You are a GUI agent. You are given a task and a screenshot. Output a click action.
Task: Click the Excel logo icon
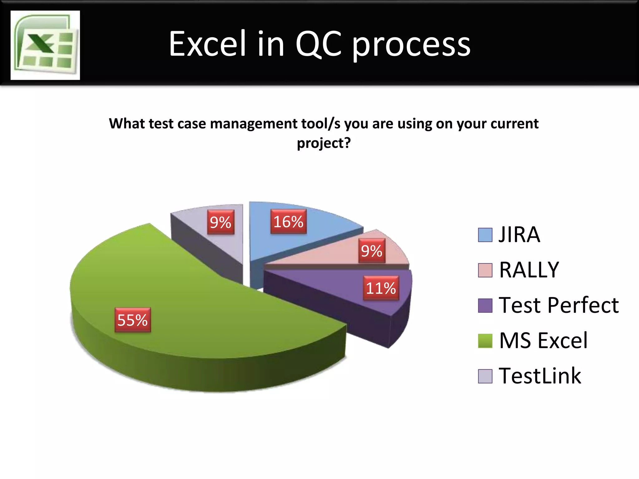45,45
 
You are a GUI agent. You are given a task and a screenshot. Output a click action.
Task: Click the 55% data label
133,320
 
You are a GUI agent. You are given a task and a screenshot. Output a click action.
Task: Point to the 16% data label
288,221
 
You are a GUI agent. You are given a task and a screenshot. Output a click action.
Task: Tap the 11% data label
381,288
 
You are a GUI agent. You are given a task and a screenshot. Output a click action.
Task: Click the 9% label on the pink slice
372,251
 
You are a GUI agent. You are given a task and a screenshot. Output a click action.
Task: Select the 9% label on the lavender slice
221,222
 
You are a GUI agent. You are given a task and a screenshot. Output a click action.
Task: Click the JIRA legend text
519,235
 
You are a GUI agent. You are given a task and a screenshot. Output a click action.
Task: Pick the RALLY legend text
529,270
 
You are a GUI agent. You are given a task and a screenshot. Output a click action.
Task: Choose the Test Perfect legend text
559,305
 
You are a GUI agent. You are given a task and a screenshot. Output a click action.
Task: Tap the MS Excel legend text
543,340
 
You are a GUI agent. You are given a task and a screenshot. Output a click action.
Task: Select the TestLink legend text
540,376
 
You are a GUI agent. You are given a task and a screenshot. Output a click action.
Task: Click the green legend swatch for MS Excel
485,341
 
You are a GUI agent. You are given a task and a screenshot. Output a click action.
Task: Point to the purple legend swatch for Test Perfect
485,305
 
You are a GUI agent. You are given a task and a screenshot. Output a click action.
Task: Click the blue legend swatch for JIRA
485,235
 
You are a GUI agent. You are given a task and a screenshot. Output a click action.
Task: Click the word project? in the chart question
324,143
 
